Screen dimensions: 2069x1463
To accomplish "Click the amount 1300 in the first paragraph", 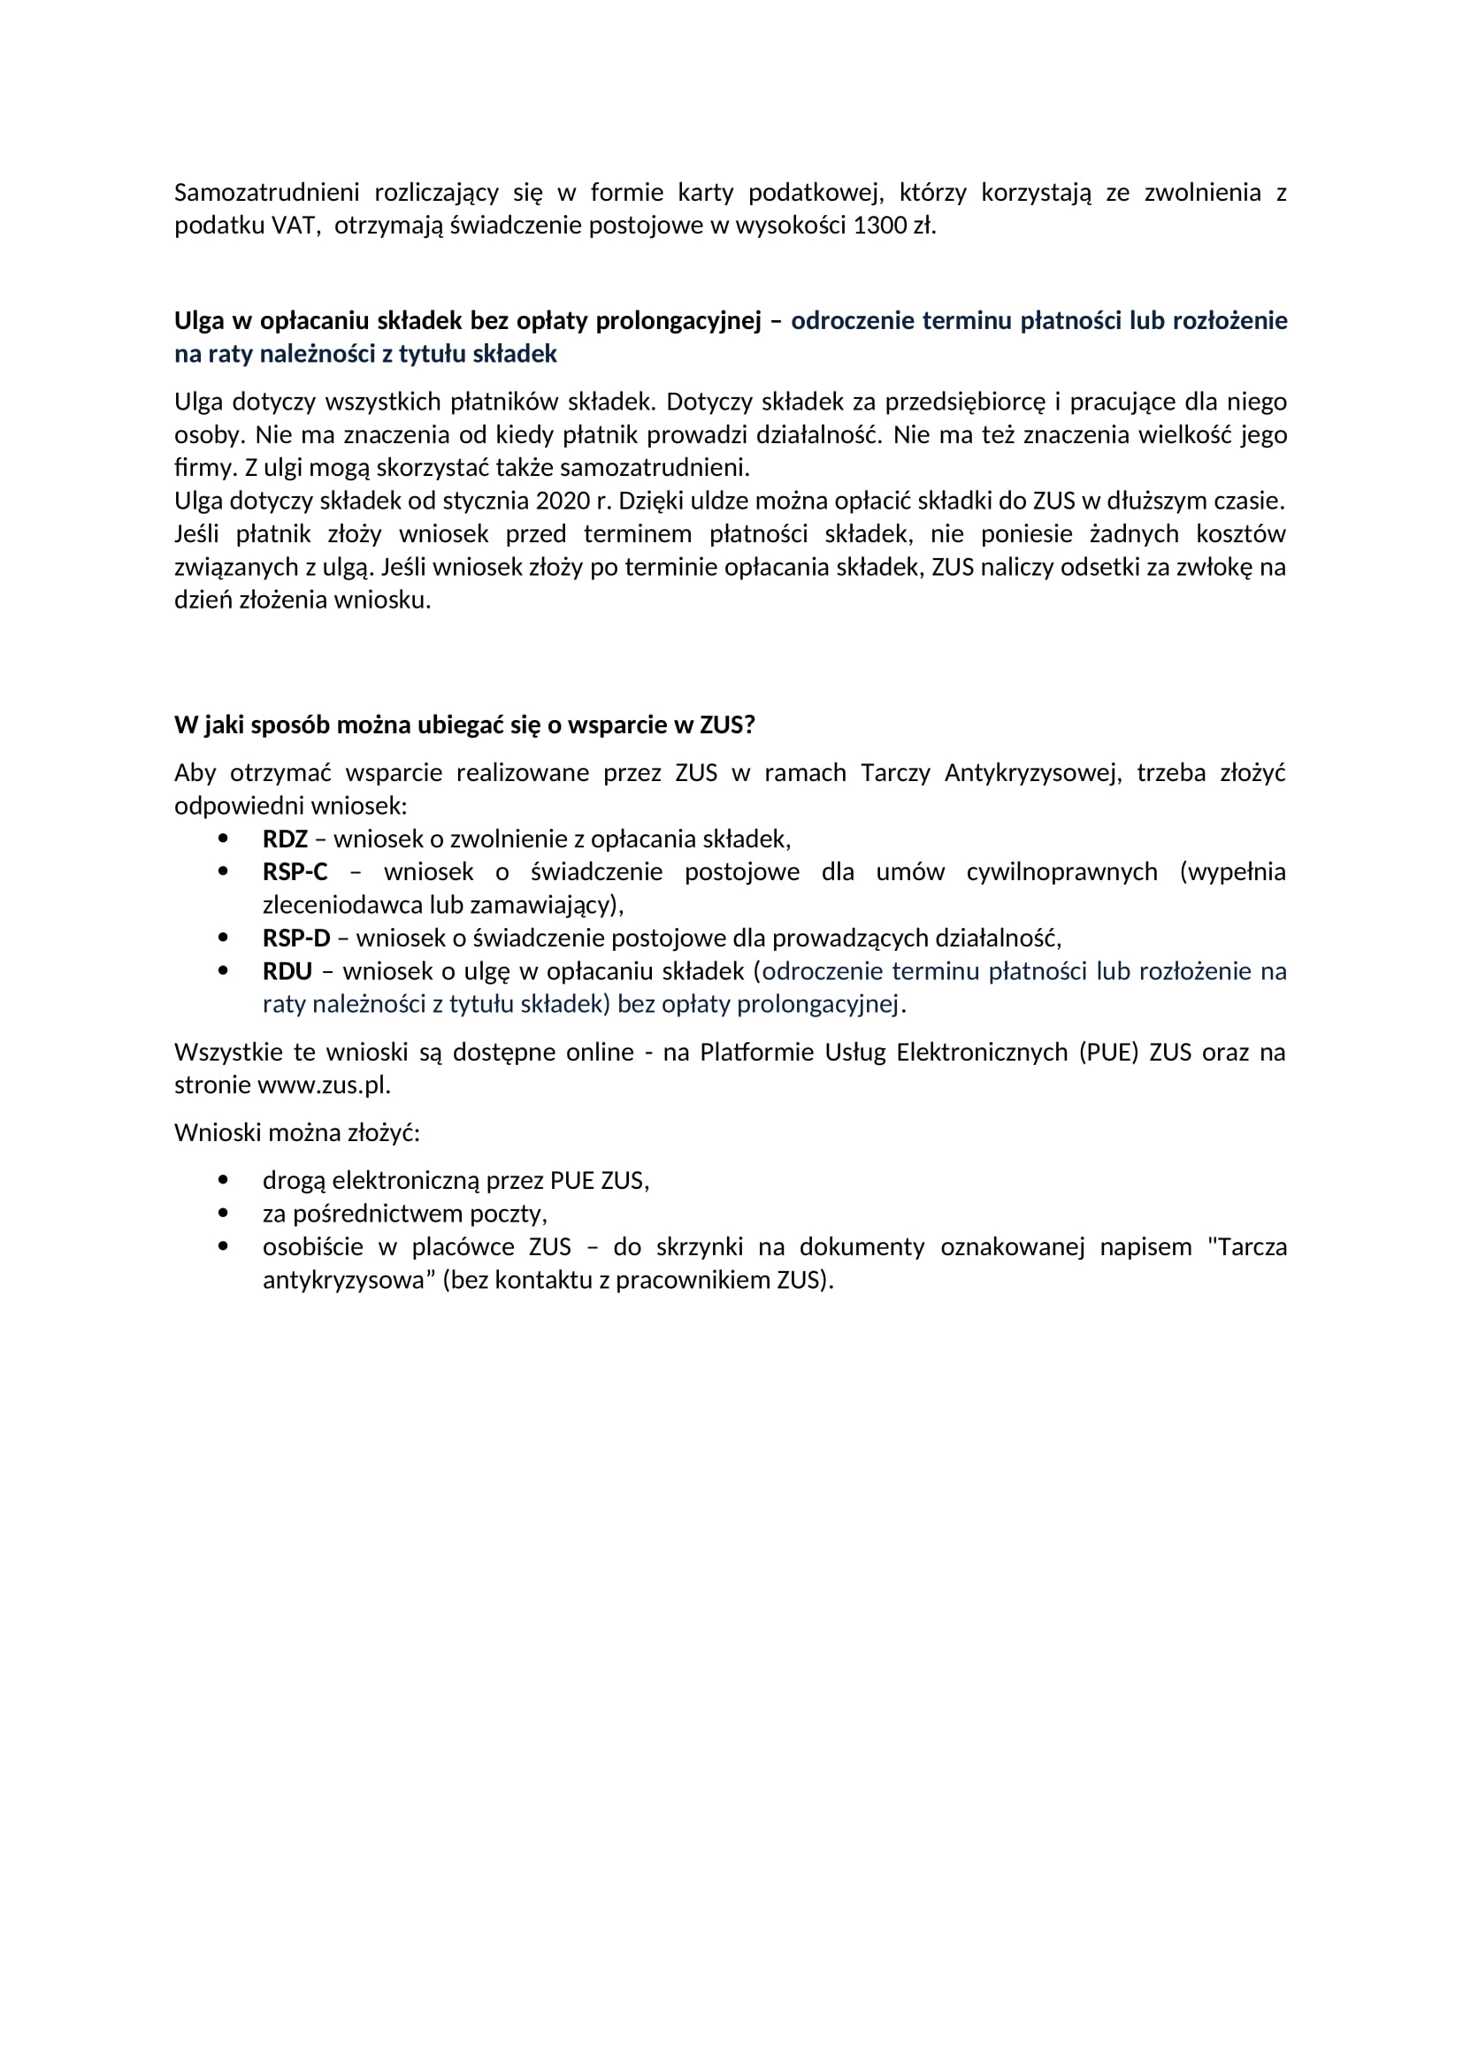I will [878, 226].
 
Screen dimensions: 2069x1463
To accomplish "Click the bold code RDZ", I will [285, 839].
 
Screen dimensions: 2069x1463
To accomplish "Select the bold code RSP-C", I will [295, 872].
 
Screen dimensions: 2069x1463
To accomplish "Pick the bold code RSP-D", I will [296, 938].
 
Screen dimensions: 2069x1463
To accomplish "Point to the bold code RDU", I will [287, 971].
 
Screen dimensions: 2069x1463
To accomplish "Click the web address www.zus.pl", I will [324, 1085].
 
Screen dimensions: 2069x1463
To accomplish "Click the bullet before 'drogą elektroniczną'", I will [224, 1181].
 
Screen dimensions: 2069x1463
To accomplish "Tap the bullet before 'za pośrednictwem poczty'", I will [224, 1214].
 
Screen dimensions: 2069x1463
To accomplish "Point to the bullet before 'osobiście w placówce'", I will [224, 1247].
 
